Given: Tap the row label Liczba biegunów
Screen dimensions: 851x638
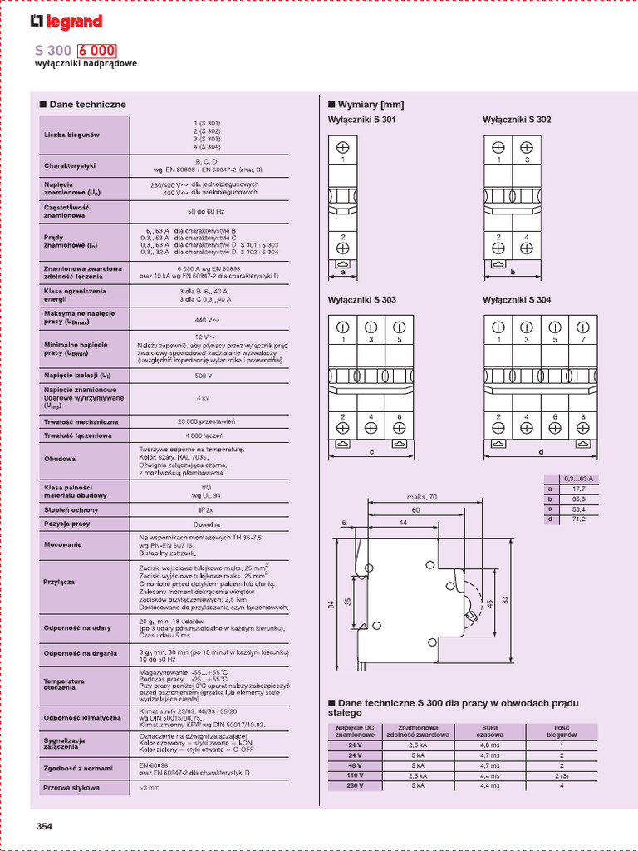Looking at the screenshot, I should [x=71, y=135].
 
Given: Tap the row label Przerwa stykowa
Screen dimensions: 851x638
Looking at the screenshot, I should [x=71, y=787].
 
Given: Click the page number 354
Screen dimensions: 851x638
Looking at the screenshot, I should [x=44, y=826].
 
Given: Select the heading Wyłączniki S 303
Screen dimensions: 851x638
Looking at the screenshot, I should [x=362, y=299].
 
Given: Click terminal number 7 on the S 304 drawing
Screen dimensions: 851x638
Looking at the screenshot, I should [x=583, y=340].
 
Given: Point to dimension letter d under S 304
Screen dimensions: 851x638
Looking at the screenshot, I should [x=540, y=452].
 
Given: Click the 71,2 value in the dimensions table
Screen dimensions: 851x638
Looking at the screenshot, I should [x=579, y=519].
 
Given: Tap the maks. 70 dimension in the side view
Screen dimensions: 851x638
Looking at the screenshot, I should [x=429, y=498].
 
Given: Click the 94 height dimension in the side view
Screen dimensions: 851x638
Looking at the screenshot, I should [x=331, y=605].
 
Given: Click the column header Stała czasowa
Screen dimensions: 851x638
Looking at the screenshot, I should [x=488, y=731].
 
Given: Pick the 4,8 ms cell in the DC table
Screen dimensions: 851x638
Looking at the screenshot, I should [x=488, y=745].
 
